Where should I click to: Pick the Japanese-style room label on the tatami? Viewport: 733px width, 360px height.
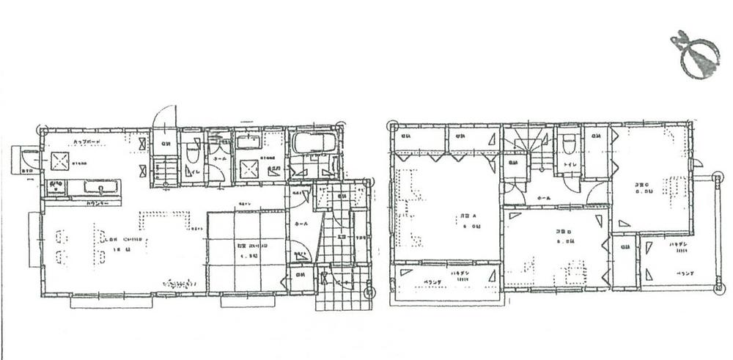coord(245,246)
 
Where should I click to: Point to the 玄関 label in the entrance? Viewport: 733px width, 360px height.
coord(342,236)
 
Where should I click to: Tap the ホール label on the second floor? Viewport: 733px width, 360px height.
coord(545,198)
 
